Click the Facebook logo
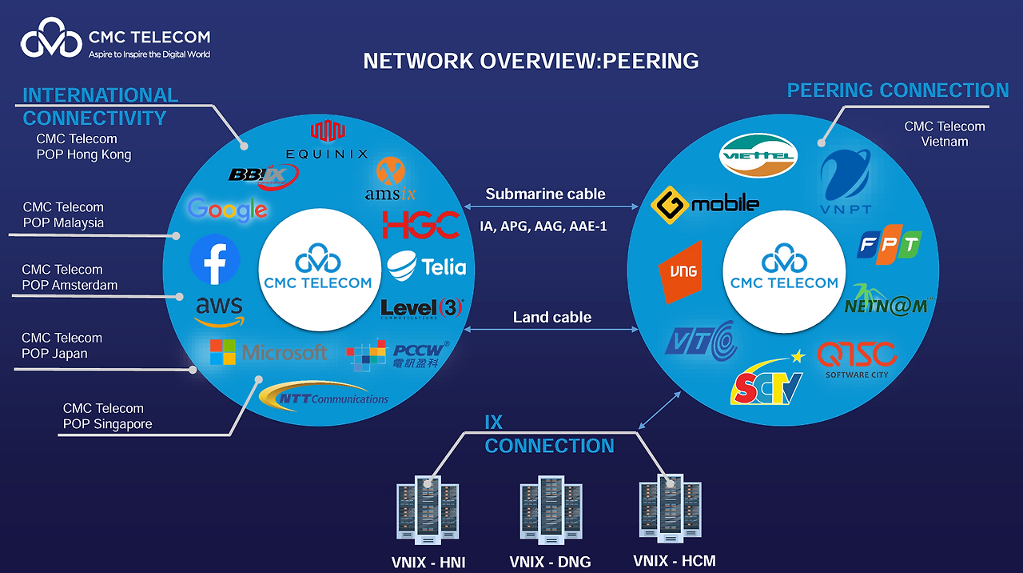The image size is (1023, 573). [215, 259]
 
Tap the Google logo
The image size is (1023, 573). [228, 210]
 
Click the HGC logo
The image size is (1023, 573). [421, 225]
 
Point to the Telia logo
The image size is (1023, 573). [427, 266]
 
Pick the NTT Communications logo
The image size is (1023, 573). [323, 396]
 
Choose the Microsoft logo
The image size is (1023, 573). [269, 352]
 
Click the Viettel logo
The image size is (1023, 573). [758, 155]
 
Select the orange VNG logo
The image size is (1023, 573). [679, 272]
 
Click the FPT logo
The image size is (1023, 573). [889, 245]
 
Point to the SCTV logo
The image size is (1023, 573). [768, 381]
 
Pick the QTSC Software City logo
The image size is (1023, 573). [857, 360]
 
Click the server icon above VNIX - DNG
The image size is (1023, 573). [550, 510]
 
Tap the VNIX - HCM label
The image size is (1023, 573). [674, 560]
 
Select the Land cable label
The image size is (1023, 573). [552, 317]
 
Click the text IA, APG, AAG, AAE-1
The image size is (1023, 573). [543, 226]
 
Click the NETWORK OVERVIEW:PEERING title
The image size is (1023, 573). [531, 61]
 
